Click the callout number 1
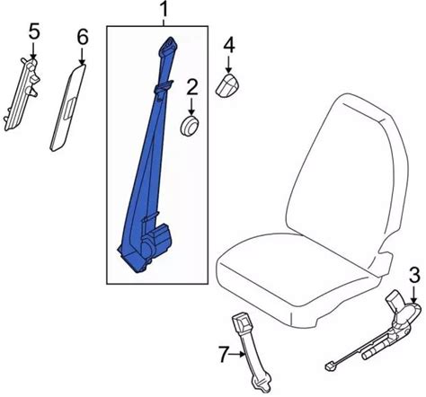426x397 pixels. pyautogui.click(x=164, y=10)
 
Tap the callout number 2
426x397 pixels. pyautogui.click(x=192, y=87)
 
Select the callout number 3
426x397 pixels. pyautogui.click(x=414, y=276)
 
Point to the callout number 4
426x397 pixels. pyautogui.click(x=229, y=46)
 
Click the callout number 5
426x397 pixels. pyautogui.click(x=34, y=31)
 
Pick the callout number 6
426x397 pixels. pyautogui.click(x=83, y=37)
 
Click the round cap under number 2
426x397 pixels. pyautogui.click(x=191, y=125)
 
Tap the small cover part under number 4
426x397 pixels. pyautogui.click(x=229, y=85)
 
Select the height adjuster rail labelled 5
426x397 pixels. pyautogui.click(x=21, y=94)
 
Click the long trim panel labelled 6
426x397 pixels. pyautogui.click(x=68, y=107)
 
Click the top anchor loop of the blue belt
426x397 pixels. pyautogui.click(x=170, y=44)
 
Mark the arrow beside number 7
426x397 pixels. pyautogui.click(x=237, y=355)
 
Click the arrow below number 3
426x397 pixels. pyautogui.click(x=413, y=295)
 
